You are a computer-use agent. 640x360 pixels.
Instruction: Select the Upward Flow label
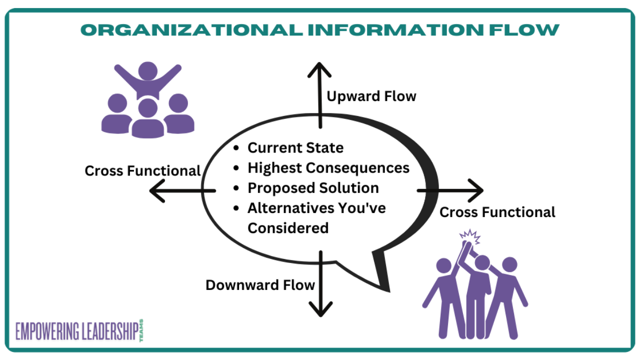[x=371, y=96]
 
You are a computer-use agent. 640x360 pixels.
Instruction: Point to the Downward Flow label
[x=260, y=285]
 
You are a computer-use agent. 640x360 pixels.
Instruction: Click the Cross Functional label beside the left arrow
[x=142, y=171]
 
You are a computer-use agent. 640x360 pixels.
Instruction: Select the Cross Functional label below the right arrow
[x=497, y=212]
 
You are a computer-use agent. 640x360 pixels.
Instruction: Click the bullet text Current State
[x=295, y=148]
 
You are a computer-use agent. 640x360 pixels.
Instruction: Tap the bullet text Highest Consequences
[x=328, y=168]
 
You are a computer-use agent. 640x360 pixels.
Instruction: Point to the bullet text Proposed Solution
[x=313, y=188]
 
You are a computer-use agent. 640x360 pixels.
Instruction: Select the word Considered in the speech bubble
[x=288, y=228]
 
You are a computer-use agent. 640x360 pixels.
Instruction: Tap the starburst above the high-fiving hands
[x=469, y=235]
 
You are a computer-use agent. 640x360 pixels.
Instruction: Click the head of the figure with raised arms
[x=147, y=70]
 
